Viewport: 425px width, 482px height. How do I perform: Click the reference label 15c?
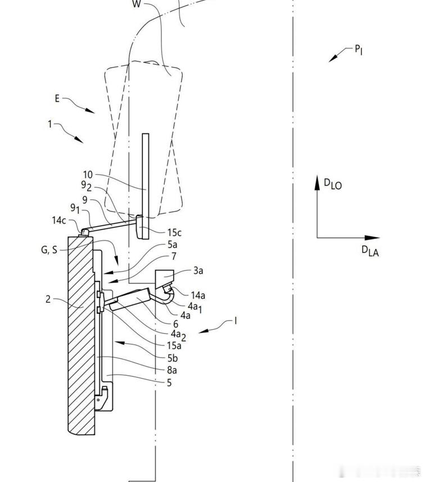(x=174, y=233)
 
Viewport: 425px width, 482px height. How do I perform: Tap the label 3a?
(x=198, y=271)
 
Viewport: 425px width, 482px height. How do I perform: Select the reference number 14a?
(x=198, y=295)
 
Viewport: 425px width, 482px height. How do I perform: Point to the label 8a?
(x=172, y=371)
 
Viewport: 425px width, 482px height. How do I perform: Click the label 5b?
(x=173, y=358)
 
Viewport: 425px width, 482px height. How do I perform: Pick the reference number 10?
(x=88, y=174)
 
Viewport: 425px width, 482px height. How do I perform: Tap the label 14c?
(x=58, y=220)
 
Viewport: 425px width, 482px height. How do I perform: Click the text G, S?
(x=49, y=250)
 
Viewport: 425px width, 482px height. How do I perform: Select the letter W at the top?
(x=137, y=4)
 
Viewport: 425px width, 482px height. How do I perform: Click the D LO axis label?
(x=333, y=184)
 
